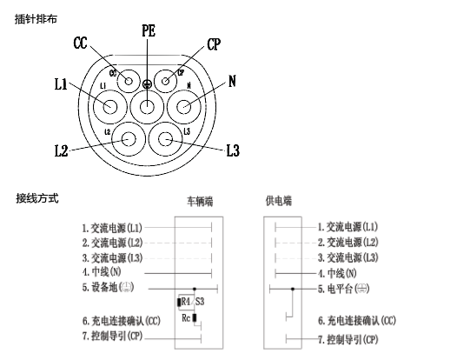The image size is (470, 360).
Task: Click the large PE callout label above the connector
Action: click(x=149, y=30)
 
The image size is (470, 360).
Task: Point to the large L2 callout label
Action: click(x=60, y=150)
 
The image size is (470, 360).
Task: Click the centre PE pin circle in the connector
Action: click(x=148, y=108)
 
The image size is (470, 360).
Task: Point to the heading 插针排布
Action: click(x=36, y=17)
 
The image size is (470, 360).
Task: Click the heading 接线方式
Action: click(x=37, y=199)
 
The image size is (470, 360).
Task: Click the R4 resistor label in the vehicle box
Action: click(x=183, y=301)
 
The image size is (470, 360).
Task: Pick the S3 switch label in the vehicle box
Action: click(x=200, y=301)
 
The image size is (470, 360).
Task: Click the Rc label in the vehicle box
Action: click(x=186, y=317)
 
